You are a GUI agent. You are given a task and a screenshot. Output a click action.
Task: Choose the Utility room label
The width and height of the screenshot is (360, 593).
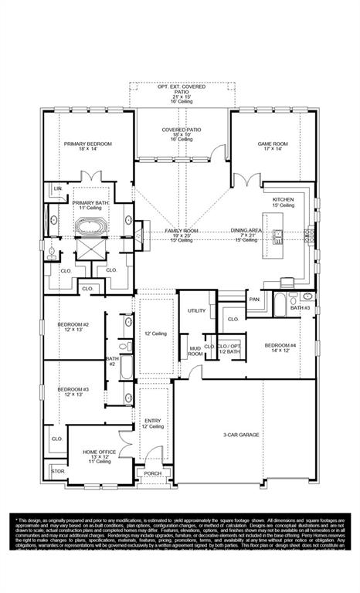pyautogui.click(x=196, y=310)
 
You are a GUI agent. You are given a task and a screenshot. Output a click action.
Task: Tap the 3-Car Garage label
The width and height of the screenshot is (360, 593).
pyautogui.click(x=242, y=435)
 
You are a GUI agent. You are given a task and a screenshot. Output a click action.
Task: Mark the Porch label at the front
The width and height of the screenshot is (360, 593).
pyautogui.click(x=152, y=474)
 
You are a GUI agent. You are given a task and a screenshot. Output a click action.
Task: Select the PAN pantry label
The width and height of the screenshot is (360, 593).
pyautogui.click(x=253, y=299)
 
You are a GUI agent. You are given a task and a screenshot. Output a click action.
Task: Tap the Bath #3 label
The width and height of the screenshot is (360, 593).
pyautogui.click(x=300, y=308)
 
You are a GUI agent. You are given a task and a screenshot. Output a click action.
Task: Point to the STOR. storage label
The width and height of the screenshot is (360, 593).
pyautogui.click(x=57, y=470)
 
